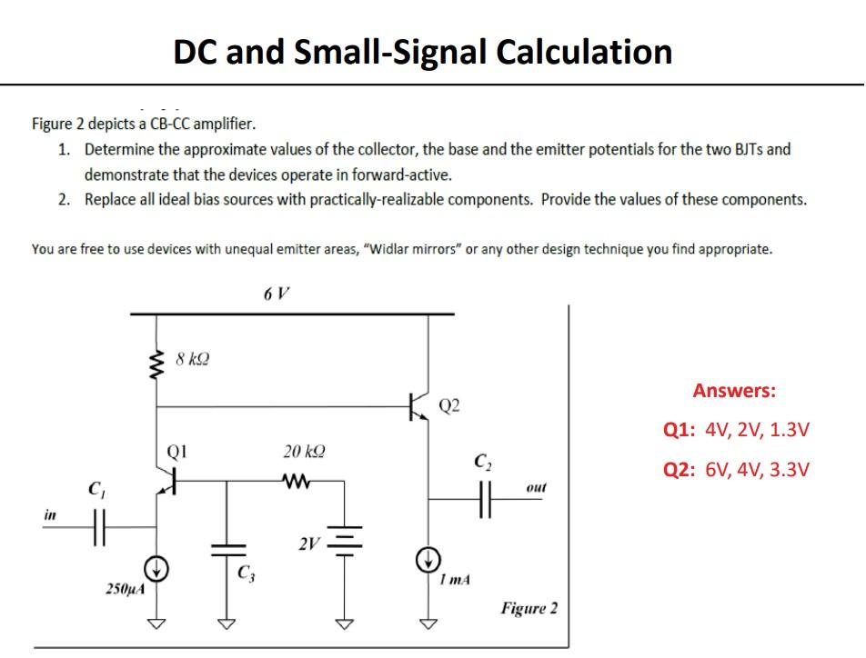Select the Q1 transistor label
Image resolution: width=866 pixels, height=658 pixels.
(176, 449)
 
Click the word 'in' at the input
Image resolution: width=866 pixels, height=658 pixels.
(48, 514)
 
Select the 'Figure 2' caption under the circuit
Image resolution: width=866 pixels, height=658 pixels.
(529, 608)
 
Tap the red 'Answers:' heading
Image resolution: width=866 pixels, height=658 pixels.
(734, 391)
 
